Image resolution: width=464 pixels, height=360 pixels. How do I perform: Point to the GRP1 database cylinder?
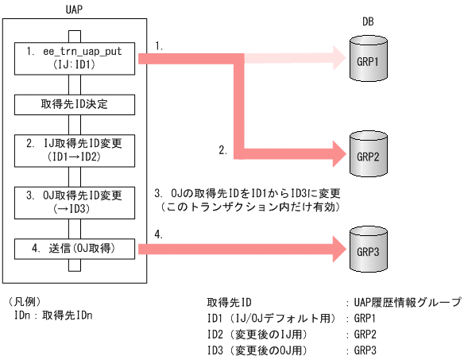point(368,60)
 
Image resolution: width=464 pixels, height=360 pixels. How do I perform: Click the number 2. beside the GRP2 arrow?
point(224,149)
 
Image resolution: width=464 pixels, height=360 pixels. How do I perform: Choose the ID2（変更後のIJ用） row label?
point(257,334)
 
